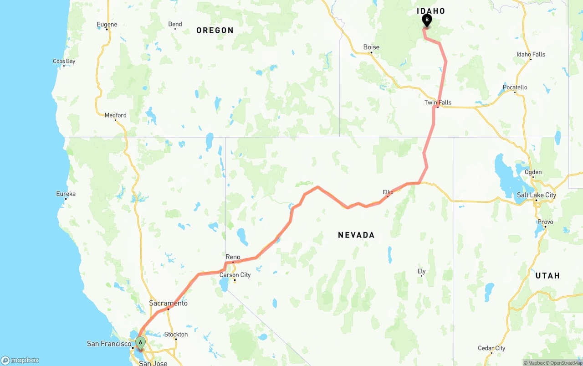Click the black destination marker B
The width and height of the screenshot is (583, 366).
coord(427,20)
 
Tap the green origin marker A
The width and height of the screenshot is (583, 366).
coord(141,342)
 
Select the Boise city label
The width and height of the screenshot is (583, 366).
coord(371,47)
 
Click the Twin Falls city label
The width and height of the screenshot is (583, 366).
coord(438,103)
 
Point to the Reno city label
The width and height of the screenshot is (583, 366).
coord(233,258)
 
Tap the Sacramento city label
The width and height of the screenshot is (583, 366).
coord(168,304)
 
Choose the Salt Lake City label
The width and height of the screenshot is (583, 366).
coord(536,195)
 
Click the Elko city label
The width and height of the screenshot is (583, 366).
coord(388,193)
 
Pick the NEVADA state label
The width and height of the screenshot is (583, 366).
coord(356,235)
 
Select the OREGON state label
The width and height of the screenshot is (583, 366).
coord(215,31)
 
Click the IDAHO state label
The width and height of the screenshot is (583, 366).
coord(431,11)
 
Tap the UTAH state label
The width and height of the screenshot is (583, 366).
coord(547,276)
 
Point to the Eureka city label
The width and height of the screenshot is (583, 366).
coord(66,194)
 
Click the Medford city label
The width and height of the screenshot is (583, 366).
coord(115,115)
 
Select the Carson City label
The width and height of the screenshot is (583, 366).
coord(235,275)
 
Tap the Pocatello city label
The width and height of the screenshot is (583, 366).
coord(515,88)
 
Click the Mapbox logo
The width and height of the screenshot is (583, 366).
coord(20,360)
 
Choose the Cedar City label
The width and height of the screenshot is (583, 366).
coord(491,349)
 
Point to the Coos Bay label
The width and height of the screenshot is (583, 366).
coord(64,62)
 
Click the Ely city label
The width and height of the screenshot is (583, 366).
coord(422,272)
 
